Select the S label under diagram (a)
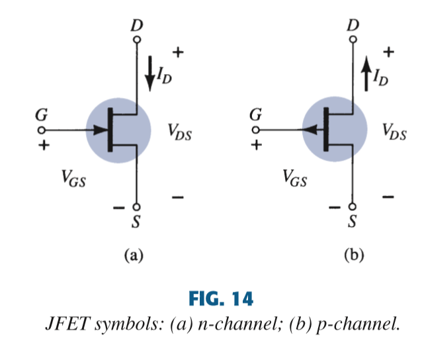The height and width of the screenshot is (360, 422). tap(136, 222)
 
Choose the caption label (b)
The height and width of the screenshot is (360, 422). tap(353, 254)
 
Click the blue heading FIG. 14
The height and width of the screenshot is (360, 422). tap(211, 298)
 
